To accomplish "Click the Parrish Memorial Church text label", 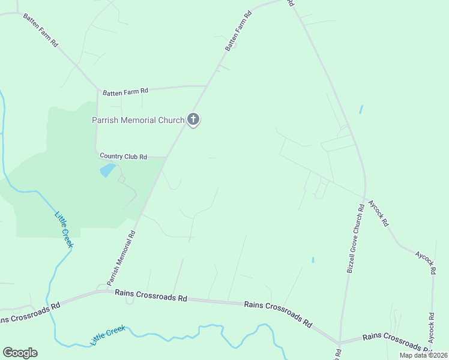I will (x=137, y=120).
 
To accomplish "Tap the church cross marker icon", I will (x=193, y=119).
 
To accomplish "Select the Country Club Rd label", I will (x=124, y=157).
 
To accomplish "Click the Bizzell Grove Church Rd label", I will (x=355, y=239).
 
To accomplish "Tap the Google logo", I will (x=20, y=353).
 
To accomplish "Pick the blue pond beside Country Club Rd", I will (x=107, y=170).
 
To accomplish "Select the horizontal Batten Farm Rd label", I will (x=125, y=92).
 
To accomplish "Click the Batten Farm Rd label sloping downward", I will (x=40, y=30).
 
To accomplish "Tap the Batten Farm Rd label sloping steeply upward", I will (x=238, y=29).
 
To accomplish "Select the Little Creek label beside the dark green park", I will (x=64, y=229).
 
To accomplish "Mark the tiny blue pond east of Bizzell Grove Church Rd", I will (x=361, y=110).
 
